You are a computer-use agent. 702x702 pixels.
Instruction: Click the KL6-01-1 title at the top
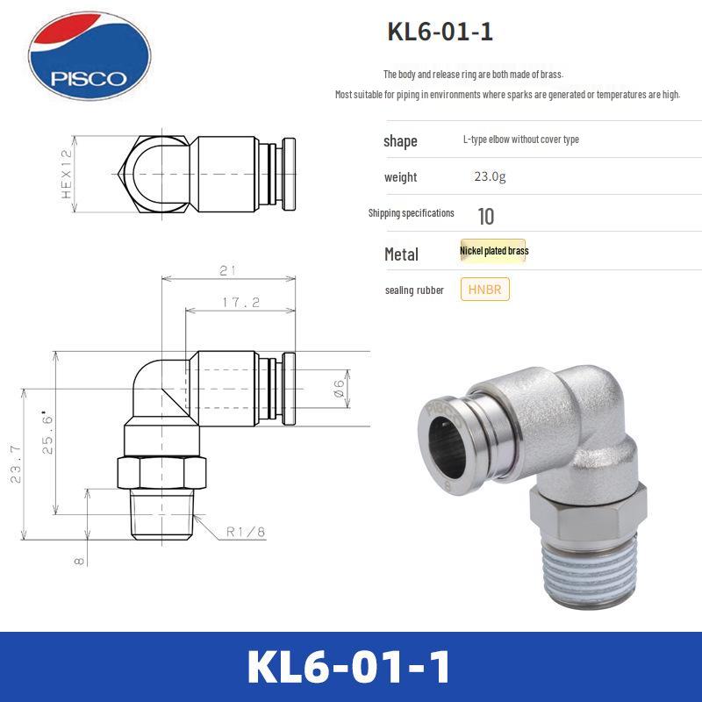(x=440, y=32)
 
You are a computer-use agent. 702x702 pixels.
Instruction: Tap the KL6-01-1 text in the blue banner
(x=349, y=667)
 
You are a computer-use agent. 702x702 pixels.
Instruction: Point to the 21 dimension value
(x=226, y=270)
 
